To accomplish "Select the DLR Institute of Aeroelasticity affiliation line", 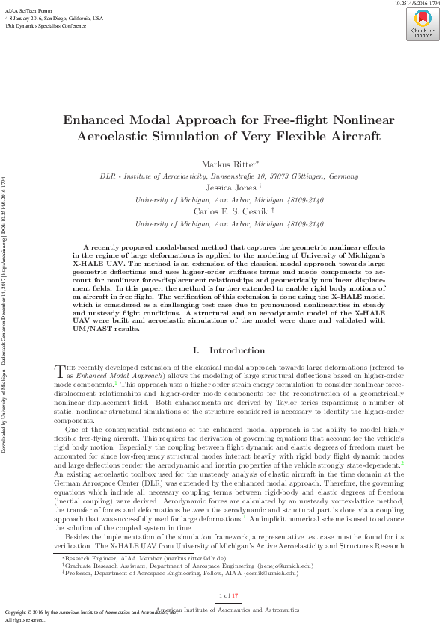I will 229,176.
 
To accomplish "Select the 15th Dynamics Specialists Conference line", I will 45,25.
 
